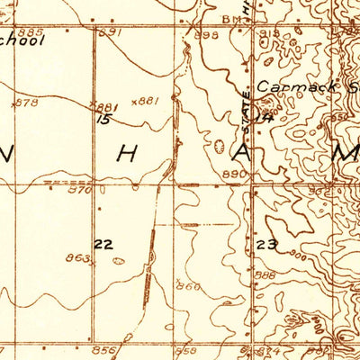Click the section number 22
tap(103, 244)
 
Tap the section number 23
tap(266, 245)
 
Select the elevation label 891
tap(111, 32)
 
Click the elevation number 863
tap(80, 258)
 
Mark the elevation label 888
tap(265, 275)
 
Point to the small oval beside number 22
tap(120, 261)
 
